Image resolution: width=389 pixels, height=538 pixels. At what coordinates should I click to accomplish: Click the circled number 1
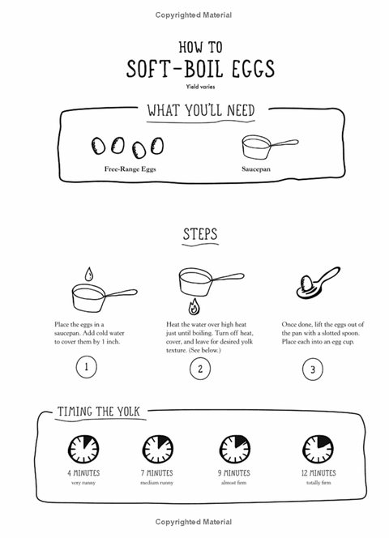[x=86, y=367]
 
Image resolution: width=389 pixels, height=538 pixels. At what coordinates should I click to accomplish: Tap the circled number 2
[x=200, y=369]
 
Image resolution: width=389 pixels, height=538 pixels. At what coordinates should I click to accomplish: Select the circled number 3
[x=313, y=369]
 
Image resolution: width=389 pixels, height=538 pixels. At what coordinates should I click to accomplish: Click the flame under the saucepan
[x=194, y=306]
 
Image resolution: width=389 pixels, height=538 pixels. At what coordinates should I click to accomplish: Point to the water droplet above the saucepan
[x=89, y=275]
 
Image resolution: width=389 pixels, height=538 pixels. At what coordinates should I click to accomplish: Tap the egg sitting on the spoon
[x=306, y=284]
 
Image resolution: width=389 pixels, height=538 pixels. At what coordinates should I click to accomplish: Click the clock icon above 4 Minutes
[x=83, y=449]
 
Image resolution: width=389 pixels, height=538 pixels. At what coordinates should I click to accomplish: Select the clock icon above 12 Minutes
[x=318, y=449]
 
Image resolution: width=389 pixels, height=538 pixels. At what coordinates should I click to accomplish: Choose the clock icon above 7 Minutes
[x=157, y=449]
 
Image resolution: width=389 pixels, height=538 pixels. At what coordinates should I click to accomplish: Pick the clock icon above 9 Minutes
[x=235, y=449]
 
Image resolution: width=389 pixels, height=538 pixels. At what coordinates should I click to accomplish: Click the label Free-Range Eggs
[x=130, y=169]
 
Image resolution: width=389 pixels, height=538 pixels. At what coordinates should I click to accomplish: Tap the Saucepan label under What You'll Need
[x=256, y=169]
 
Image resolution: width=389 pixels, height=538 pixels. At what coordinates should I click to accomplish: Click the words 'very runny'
[x=83, y=483]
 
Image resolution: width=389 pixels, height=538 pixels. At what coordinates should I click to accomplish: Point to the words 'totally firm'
[x=318, y=483]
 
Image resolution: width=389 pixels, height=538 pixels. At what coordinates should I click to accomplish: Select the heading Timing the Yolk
[x=99, y=412]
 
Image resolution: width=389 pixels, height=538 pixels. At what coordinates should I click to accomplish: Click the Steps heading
[x=200, y=234]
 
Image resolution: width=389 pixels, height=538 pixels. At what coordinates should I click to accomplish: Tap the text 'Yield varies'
[x=200, y=87]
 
